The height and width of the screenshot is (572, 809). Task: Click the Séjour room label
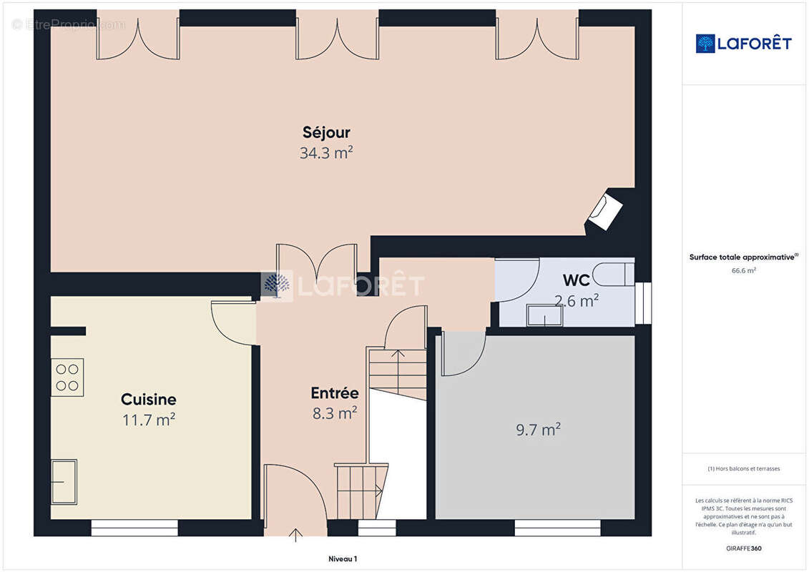[326, 132]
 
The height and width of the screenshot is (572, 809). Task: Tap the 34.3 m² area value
[326, 152]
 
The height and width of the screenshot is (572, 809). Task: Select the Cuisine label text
[148, 400]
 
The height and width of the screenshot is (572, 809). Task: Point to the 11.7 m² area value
[148, 420]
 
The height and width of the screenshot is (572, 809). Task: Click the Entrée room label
[334, 393]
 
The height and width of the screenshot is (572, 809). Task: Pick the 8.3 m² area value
[334, 413]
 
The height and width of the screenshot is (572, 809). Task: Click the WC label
[577, 280]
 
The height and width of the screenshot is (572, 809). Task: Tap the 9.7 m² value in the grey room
[538, 430]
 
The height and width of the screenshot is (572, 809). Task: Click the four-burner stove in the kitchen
[67, 377]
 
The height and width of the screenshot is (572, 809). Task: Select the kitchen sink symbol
[64, 481]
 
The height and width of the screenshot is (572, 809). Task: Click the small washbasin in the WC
[544, 315]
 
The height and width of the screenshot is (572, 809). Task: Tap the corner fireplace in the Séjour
[605, 209]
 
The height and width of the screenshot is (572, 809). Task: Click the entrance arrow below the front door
[296, 534]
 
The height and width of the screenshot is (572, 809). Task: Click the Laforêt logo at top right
[744, 44]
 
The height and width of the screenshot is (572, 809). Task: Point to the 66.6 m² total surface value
[744, 270]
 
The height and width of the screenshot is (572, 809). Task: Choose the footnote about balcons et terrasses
[744, 469]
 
